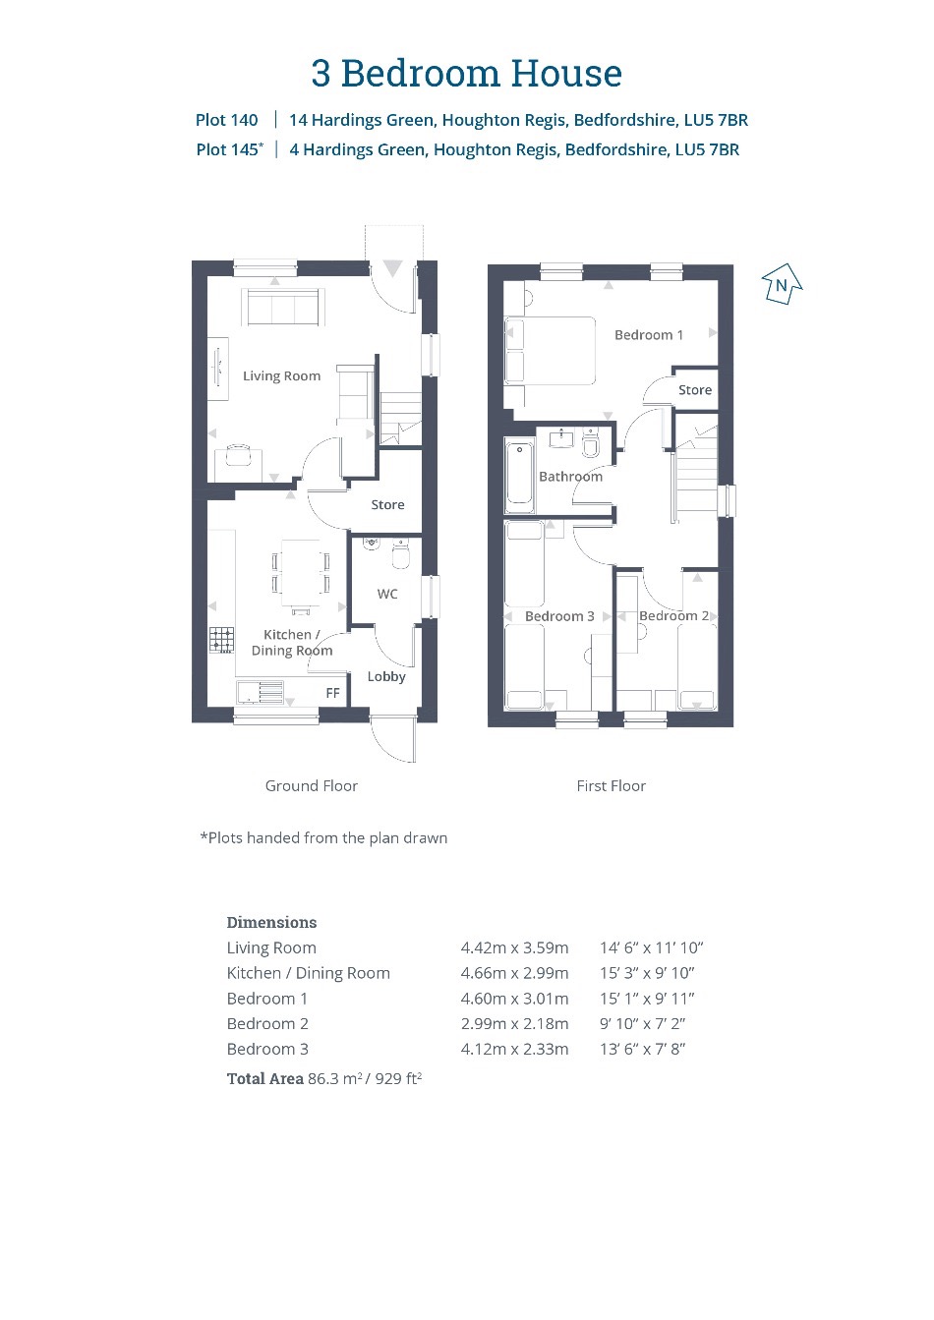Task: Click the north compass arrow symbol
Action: [x=782, y=284]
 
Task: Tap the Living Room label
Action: [x=281, y=376]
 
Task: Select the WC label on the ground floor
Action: [x=387, y=594]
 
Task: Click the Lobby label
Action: [x=386, y=676]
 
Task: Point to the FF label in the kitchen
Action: [x=333, y=693]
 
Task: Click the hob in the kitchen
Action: [x=221, y=641]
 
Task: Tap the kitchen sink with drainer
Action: [x=260, y=692]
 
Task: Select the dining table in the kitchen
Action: [x=301, y=573]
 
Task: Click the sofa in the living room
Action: [x=283, y=307]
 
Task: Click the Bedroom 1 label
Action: [x=649, y=335]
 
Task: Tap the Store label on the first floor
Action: [x=695, y=390]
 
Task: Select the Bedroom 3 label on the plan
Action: [x=559, y=616]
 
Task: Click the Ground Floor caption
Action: [x=311, y=785]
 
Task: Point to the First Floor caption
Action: [x=612, y=785]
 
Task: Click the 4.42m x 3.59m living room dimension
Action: [x=514, y=947]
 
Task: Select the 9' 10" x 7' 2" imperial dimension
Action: [x=642, y=1023]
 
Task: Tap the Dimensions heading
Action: [x=271, y=922]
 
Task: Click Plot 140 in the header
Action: [x=227, y=120]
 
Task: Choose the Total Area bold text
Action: [x=265, y=1078]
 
